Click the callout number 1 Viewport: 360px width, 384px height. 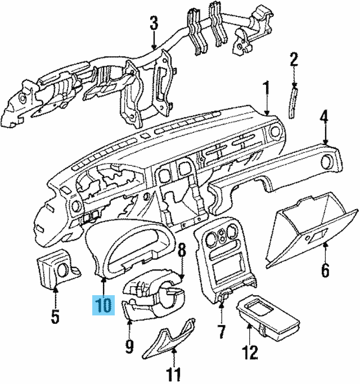coord(265,88)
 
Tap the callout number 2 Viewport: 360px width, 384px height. coord(292,58)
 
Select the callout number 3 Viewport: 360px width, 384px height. coord(154,24)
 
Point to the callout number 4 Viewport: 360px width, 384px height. coord(325,118)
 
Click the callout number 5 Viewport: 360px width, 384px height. coord(55,317)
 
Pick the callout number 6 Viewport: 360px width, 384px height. coord(325,270)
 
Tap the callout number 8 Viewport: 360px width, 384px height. coord(182,251)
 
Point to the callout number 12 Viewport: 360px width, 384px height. coord(250,353)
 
